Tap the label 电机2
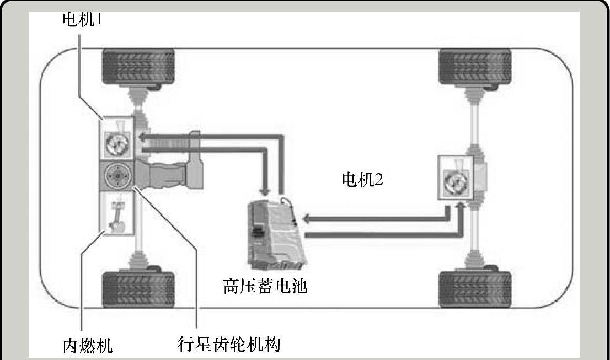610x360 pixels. pyautogui.click(x=362, y=180)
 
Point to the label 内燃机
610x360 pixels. pyautogui.click(x=87, y=346)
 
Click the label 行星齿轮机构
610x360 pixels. pyautogui.click(x=230, y=345)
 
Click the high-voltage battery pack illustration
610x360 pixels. pyautogui.click(x=272, y=231)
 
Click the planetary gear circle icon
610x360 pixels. pyautogui.click(x=116, y=176)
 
